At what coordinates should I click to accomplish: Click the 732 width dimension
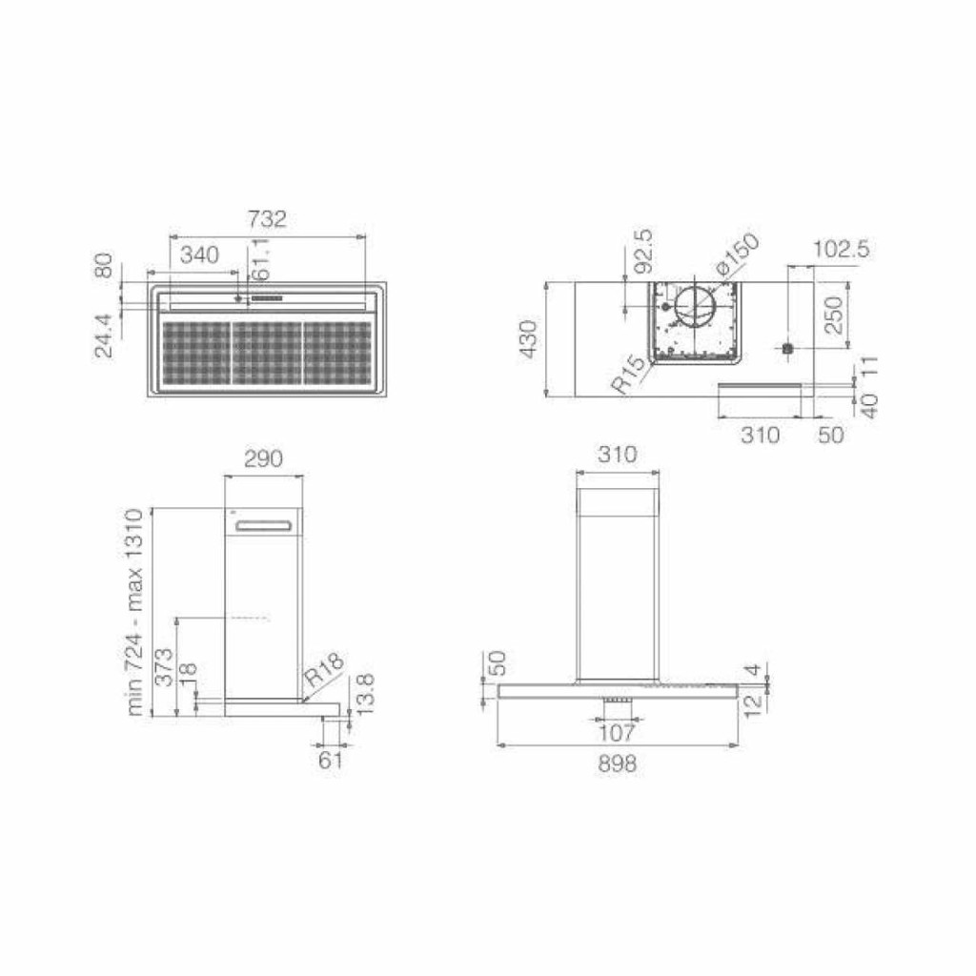tap(267, 219)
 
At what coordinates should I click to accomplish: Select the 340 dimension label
tap(200, 254)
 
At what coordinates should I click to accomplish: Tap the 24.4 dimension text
tap(104, 335)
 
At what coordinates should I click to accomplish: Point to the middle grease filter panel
tap(267, 353)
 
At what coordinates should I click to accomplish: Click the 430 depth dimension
tap(528, 338)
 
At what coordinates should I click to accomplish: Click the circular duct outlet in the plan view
tap(695, 308)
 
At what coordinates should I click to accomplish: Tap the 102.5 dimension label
tap(841, 249)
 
